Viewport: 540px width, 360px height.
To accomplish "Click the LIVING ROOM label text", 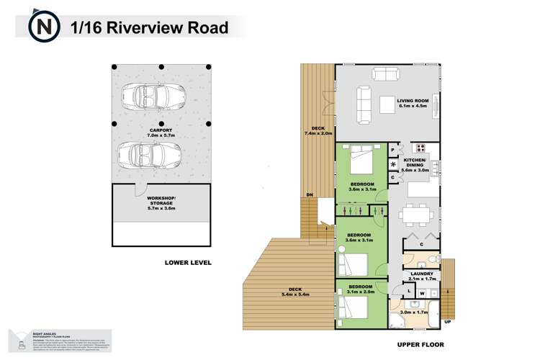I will click(x=412, y=102).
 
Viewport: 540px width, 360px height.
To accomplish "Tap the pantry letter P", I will click(x=392, y=150).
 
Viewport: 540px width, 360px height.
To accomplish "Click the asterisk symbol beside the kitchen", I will click(x=393, y=163).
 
